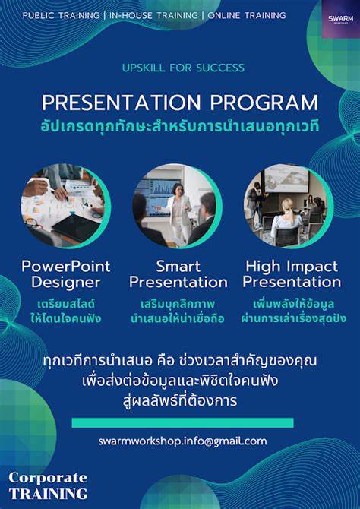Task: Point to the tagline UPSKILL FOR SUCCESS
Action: click(183, 68)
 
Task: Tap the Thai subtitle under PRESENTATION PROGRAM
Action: click(180, 125)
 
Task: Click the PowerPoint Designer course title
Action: click(65, 274)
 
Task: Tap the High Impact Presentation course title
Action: click(292, 274)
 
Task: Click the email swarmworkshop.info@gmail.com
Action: click(182, 441)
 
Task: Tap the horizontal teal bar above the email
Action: click(182, 422)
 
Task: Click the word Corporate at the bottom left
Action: click(48, 478)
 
